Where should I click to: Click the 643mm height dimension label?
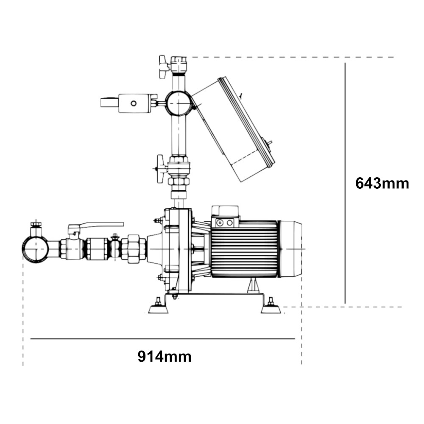(x=382, y=184)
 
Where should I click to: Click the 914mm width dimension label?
(x=165, y=357)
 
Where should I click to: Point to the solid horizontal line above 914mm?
(x=162, y=338)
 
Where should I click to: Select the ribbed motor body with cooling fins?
(x=244, y=249)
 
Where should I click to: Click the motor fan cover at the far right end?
(x=290, y=249)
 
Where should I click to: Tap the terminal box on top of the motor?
(x=226, y=216)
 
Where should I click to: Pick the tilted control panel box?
(x=234, y=129)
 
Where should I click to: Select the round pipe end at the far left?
(x=36, y=249)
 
